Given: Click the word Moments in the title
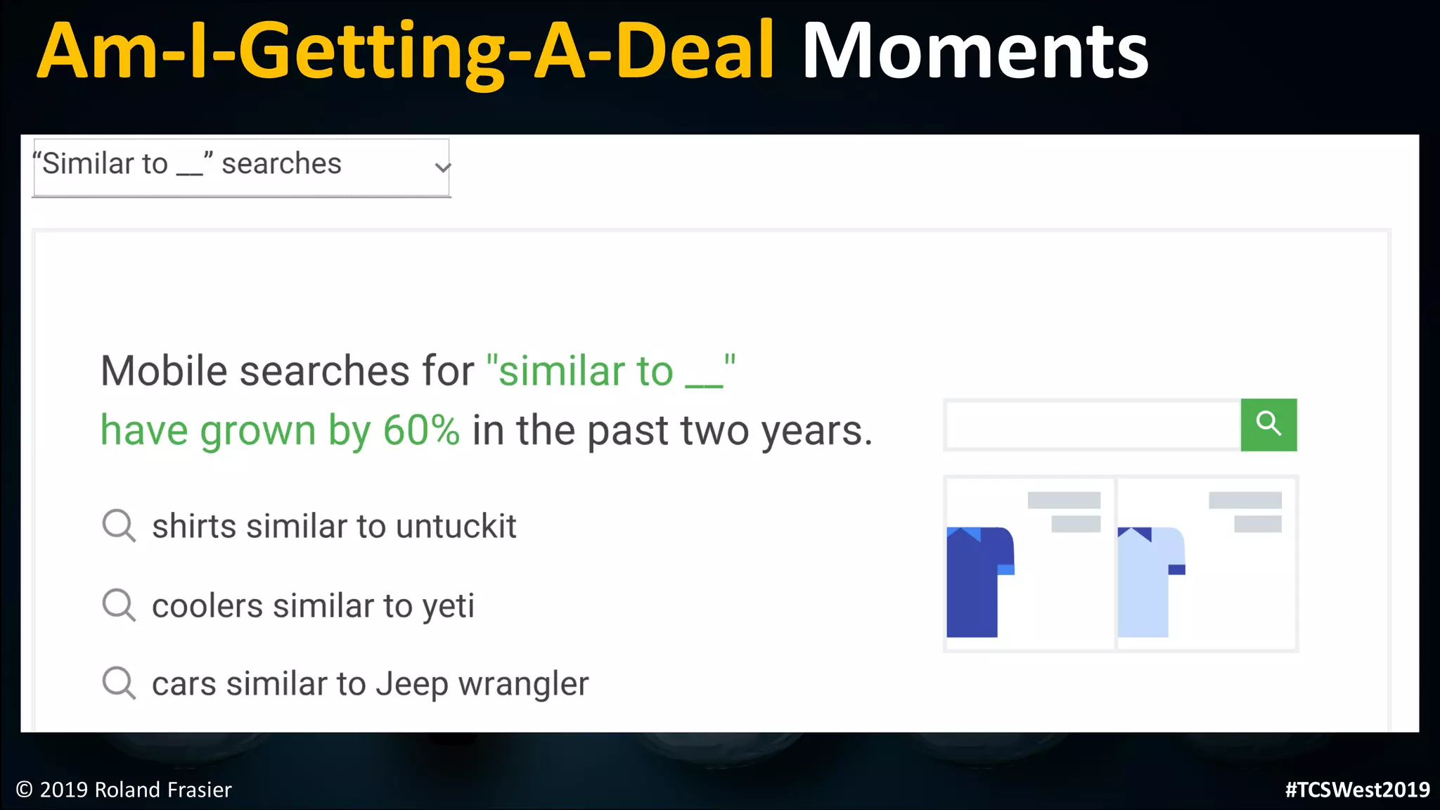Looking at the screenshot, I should click(x=975, y=51).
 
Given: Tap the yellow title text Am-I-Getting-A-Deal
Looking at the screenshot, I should click(x=406, y=51).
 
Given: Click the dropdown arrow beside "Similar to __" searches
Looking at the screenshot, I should click(x=442, y=167).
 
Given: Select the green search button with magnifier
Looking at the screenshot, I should click(x=1268, y=425).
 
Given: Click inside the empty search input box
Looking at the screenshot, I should click(x=1093, y=425).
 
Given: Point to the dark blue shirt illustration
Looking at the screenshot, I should click(x=979, y=581).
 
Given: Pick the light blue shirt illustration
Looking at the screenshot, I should click(x=1150, y=581).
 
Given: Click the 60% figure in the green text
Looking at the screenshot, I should click(x=421, y=430).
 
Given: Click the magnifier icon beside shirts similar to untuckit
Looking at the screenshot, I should click(x=119, y=525).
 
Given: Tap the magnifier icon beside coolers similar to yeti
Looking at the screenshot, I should click(x=119, y=605).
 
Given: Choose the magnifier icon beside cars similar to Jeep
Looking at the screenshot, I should click(x=119, y=683).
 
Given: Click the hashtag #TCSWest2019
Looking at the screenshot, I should click(x=1357, y=790).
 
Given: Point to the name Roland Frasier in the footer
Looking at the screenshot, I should click(x=162, y=790).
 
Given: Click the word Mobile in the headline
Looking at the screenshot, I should click(x=164, y=371).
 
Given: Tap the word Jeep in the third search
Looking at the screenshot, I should click(x=411, y=684).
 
